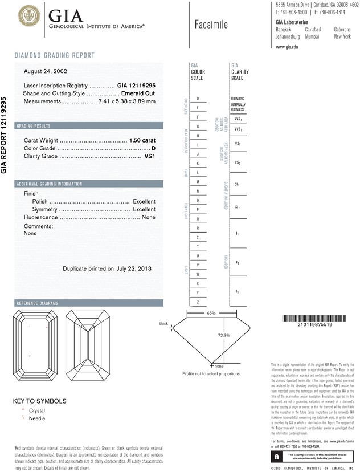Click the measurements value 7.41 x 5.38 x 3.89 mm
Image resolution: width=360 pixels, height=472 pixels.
click(x=126, y=101)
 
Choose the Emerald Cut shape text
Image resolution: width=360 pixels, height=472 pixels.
click(x=139, y=92)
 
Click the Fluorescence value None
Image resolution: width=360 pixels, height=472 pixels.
click(x=149, y=217)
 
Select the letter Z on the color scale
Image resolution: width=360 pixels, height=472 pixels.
click(x=198, y=302)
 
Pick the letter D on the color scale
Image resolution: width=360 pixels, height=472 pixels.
click(x=198, y=99)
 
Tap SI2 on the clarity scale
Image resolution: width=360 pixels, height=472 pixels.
click(x=238, y=207)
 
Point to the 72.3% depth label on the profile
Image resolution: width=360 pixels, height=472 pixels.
click(x=224, y=335)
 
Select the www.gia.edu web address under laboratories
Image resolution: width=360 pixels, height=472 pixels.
click(x=287, y=47)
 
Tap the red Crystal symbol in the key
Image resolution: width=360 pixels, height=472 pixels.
click(x=23, y=410)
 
